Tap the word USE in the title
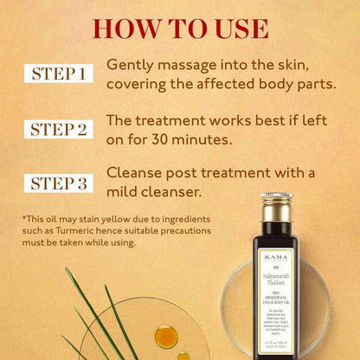point(235,28)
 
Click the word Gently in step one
point(129,66)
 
